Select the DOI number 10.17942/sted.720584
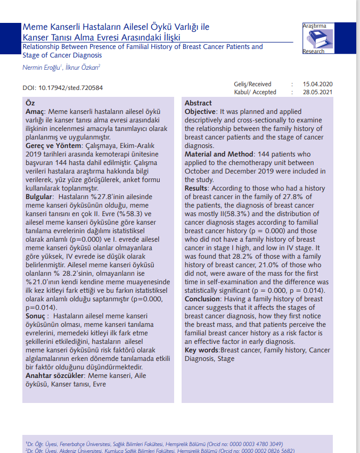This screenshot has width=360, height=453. pyautogui.click(x=77, y=88)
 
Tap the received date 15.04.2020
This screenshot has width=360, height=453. pyautogui.click(x=317, y=84)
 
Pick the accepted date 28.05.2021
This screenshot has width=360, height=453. pyautogui.click(x=317, y=92)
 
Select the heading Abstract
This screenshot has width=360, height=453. pyautogui.click(x=198, y=103)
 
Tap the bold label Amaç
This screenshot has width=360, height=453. pyautogui.click(x=36, y=112)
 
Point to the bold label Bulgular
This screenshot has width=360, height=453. pyautogui.click(x=42, y=197)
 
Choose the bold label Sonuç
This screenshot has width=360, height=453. pyautogui.click(x=37, y=316)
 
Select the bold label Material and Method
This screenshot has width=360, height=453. pyautogui.click(x=218, y=154)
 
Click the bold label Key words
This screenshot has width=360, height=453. pyautogui.click(x=201, y=350)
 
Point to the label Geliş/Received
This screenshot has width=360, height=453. pyautogui.click(x=252, y=84)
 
